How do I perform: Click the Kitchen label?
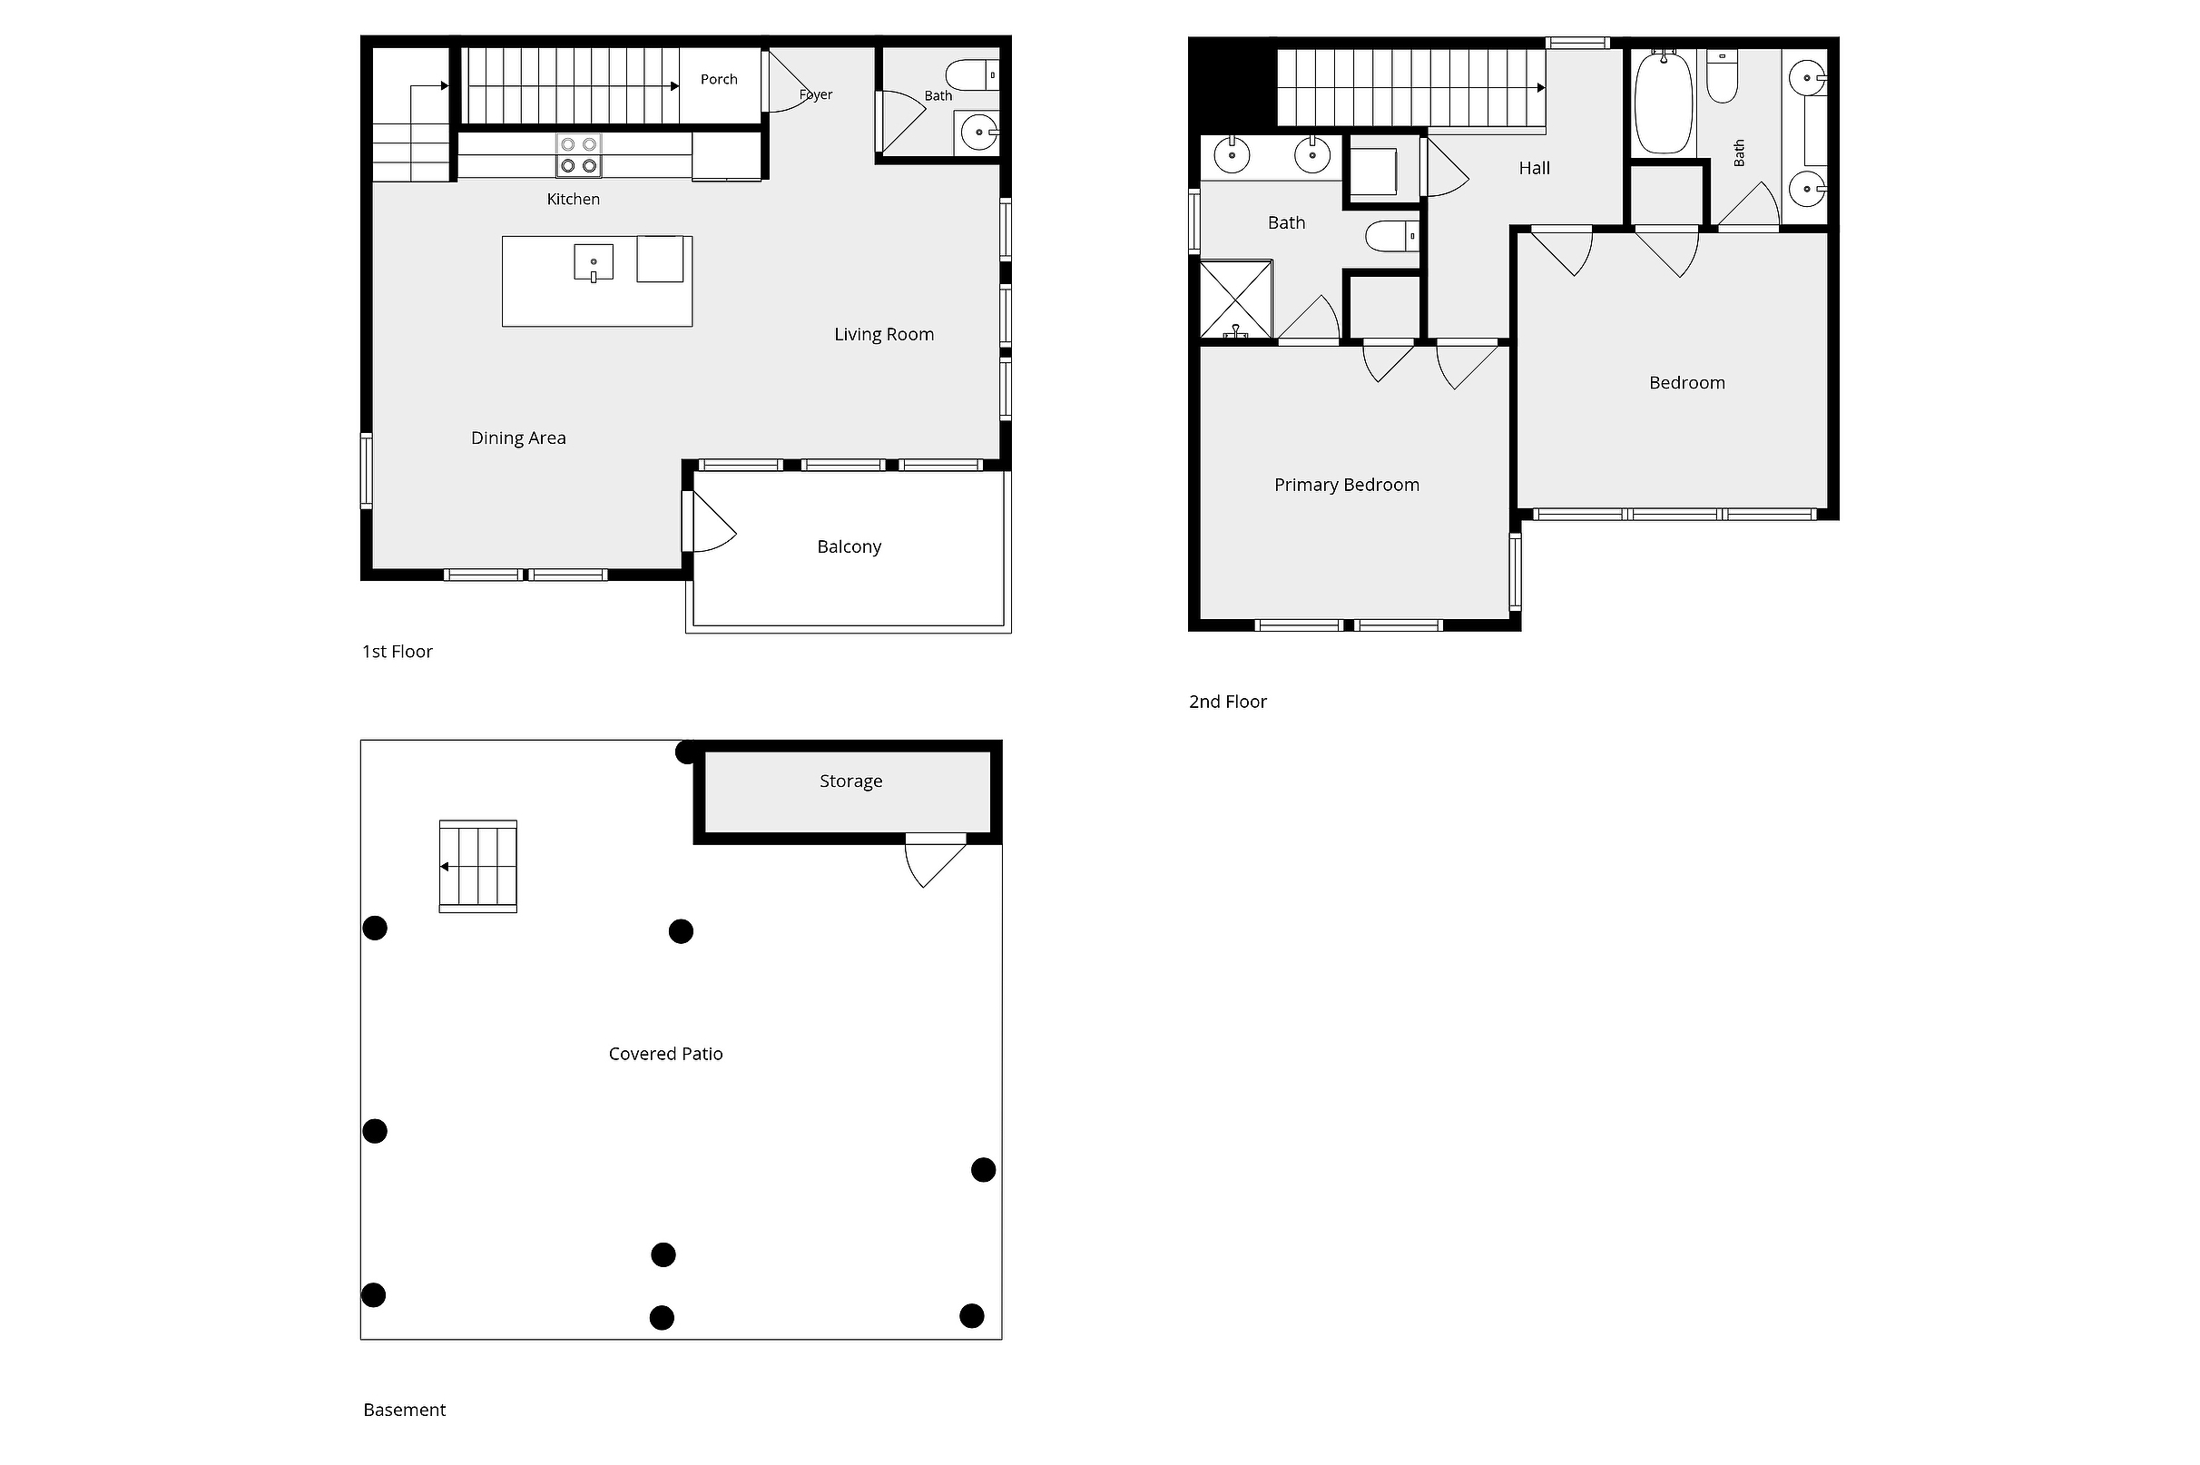click(573, 199)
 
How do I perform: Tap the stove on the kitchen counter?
click(579, 155)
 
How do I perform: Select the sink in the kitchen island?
click(594, 262)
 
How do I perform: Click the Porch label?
click(719, 79)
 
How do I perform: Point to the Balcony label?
click(849, 546)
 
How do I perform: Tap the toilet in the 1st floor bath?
click(971, 74)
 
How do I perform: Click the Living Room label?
click(884, 335)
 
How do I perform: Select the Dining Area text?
click(517, 438)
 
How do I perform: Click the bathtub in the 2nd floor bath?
click(1663, 103)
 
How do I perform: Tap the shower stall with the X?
click(1235, 299)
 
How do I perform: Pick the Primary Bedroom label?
click(1346, 485)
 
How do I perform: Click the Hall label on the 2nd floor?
click(1534, 168)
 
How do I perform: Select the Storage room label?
click(850, 782)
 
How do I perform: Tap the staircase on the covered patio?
click(477, 866)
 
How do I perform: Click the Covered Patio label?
click(665, 1054)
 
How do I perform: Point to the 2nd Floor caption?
click(1227, 702)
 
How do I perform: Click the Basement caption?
click(404, 1410)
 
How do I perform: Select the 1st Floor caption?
click(397, 651)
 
